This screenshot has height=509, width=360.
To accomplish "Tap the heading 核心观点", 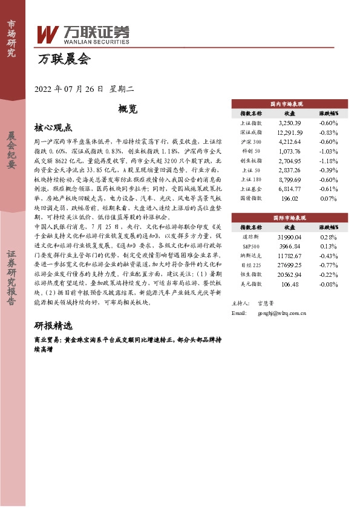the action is pyautogui.click(x=53, y=128).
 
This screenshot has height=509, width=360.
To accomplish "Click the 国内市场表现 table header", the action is pyautogui.click(x=289, y=104).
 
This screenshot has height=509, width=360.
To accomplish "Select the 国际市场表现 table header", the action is pyautogui.click(x=289, y=217).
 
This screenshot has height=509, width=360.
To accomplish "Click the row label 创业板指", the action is pyautogui.click(x=250, y=162).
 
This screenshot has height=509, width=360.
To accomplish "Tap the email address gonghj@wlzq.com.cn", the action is pyautogui.click(x=282, y=314).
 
